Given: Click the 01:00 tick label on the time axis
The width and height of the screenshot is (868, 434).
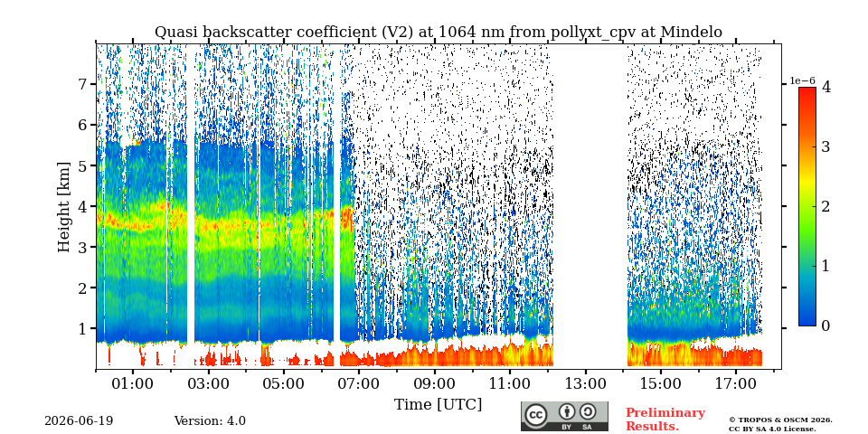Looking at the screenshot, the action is point(133,383).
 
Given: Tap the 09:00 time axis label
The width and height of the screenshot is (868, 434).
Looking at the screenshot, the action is point(435,383).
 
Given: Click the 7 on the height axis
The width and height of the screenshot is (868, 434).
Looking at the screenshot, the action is point(85,84).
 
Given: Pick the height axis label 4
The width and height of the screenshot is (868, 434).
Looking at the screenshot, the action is point(85,206).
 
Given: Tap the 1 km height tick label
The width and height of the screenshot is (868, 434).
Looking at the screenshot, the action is point(85,328).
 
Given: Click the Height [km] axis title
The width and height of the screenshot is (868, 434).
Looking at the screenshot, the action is point(64,207).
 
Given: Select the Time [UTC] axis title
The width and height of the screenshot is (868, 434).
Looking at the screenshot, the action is point(438,405).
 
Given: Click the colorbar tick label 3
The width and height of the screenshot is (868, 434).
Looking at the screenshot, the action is point(826,146).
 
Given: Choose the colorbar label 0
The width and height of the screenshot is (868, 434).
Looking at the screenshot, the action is point(826,325).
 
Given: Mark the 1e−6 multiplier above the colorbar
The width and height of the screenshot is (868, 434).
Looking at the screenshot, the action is point(802,80).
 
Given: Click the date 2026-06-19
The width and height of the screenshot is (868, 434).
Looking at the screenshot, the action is point(79,421).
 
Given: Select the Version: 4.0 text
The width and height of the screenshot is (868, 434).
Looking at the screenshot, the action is point(210,421).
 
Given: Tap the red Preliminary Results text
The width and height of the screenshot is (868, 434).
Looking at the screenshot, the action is point(665,419).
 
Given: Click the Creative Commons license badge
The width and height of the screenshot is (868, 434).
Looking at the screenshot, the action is point(564,416).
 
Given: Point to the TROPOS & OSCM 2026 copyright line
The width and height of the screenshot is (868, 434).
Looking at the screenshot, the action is point(780,420).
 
